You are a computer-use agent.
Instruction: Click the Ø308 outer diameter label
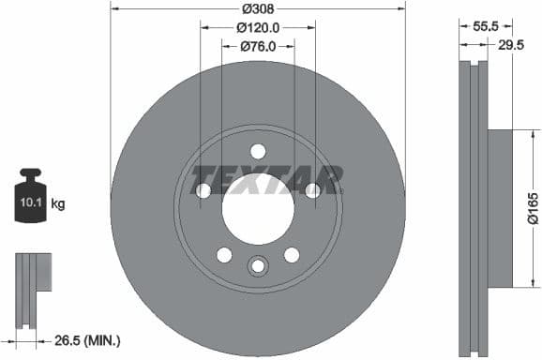258,8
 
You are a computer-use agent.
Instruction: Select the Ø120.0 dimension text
258,27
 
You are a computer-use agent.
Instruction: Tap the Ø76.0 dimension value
258,46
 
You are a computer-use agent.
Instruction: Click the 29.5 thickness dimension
511,46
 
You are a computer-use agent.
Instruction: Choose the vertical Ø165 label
531,207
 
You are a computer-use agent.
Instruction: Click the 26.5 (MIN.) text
87,340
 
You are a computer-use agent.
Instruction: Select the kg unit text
58,203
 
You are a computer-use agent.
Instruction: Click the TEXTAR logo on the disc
267,178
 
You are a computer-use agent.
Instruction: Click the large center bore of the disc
258,207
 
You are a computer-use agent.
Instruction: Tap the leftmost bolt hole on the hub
203,191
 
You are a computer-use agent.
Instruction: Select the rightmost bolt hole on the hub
313,191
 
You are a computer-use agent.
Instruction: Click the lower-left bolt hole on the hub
224,255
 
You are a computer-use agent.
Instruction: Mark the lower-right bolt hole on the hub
292,255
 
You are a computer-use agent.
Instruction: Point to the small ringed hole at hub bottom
258,267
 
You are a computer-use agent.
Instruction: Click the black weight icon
31,197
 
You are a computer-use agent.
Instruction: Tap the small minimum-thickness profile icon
31,281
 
